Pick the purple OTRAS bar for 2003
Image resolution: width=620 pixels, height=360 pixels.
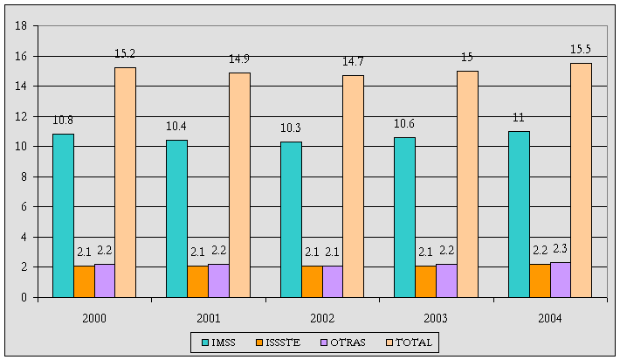click(446, 280)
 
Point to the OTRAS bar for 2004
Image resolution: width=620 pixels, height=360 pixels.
click(560, 280)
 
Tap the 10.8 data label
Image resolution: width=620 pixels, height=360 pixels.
click(63, 119)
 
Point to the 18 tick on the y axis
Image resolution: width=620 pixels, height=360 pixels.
click(20, 26)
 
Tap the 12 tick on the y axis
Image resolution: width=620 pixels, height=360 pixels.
click(20, 116)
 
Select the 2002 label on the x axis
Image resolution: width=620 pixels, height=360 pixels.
click(322, 318)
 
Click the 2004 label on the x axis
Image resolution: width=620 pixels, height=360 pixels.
click(550, 318)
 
